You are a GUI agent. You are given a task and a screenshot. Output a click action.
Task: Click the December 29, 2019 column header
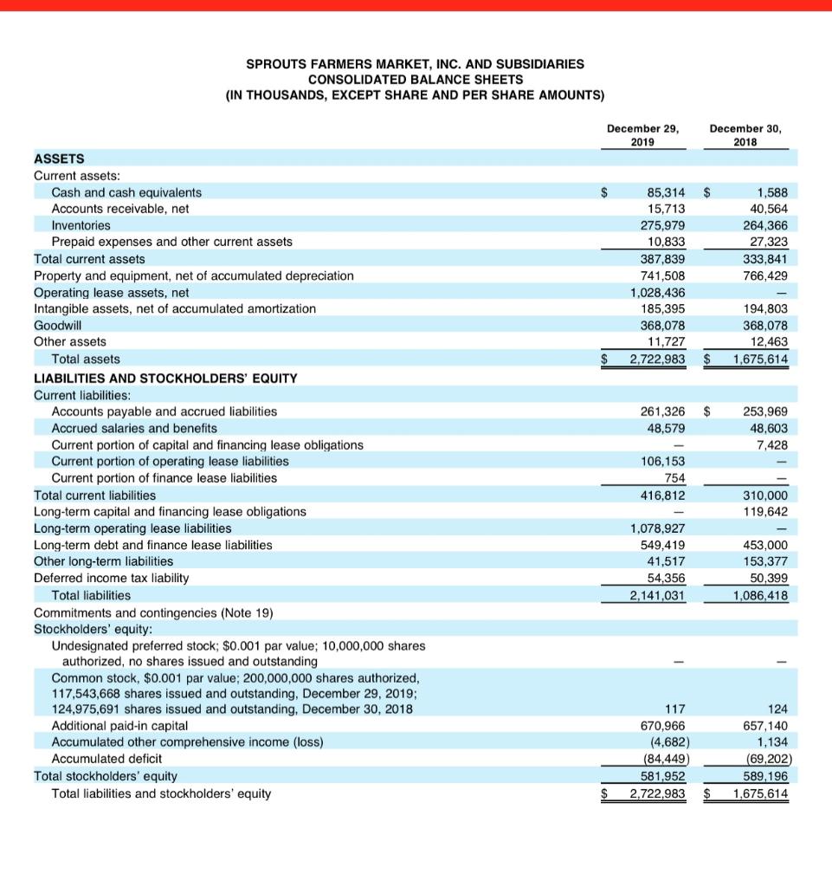pyautogui.click(x=642, y=135)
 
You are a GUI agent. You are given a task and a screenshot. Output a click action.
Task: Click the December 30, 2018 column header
pyautogui.click(x=745, y=135)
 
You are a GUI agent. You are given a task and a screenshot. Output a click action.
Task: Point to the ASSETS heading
pyautogui.click(x=59, y=159)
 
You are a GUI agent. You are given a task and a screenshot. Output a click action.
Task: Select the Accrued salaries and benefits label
pyautogui.click(x=134, y=428)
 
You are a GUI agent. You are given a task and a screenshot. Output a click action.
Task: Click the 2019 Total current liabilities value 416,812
pyautogui.click(x=663, y=495)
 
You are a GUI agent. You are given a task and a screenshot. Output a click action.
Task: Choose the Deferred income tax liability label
pyautogui.click(x=111, y=578)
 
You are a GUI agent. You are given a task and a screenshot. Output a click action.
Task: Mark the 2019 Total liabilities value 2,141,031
pyautogui.click(x=657, y=595)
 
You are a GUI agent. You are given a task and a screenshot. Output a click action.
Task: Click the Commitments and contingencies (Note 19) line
pyautogui.click(x=153, y=612)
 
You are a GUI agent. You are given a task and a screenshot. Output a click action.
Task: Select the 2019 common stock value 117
pyautogui.click(x=674, y=709)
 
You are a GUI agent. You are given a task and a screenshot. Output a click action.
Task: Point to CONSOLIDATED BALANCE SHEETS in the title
pyautogui.click(x=415, y=79)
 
